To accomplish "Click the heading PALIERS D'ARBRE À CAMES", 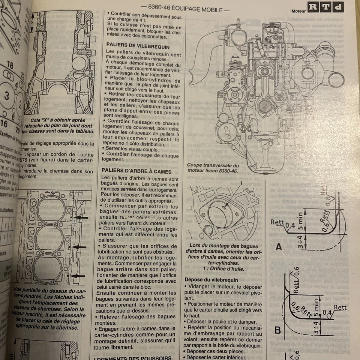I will [x=136, y=171].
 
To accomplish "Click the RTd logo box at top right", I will [x=325, y=7].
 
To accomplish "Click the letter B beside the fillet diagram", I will [x=278, y=330].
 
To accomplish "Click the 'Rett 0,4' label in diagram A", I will [x=281, y=224].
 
